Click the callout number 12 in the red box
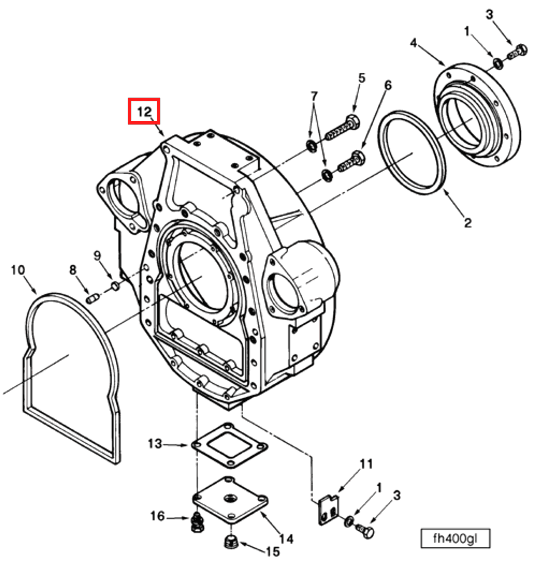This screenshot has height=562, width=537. click(x=144, y=112)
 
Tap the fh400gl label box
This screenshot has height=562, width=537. click(x=455, y=539)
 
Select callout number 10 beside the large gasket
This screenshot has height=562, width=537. click(x=18, y=270)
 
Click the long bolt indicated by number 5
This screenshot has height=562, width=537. click(x=344, y=128)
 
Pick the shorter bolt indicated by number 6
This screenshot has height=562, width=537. click(x=352, y=161)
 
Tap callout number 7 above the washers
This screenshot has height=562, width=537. click(x=314, y=96)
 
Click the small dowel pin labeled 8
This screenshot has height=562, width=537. click(x=93, y=299)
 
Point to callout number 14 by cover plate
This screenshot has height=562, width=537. click(x=286, y=539)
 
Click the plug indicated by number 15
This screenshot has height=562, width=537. click(x=230, y=542)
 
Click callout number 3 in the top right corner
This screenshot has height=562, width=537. click(x=489, y=14)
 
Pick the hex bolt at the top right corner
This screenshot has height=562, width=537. click(x=518, y=53)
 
